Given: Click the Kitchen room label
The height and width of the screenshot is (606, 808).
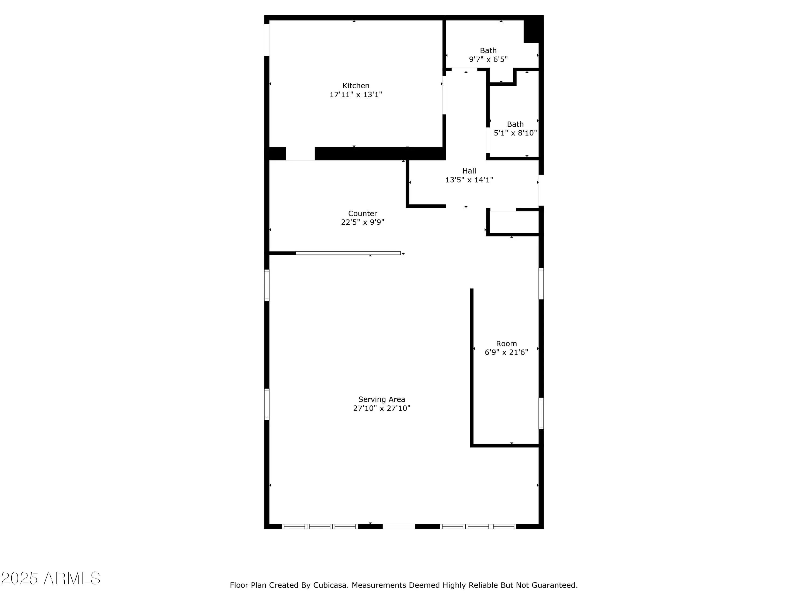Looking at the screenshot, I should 356,85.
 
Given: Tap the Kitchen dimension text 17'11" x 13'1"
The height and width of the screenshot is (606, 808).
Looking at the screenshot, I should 356,95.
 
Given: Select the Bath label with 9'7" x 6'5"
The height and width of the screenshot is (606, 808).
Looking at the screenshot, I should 488,50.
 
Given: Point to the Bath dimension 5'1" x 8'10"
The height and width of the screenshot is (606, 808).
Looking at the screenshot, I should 515,133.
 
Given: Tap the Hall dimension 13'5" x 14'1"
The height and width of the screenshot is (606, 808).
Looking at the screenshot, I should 469,180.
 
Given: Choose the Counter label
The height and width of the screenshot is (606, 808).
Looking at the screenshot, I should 362,213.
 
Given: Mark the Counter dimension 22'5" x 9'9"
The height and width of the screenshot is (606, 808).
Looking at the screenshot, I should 362,222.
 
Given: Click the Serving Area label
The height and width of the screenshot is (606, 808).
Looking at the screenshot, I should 381,399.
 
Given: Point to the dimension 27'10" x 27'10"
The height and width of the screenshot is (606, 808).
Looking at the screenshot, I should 381,408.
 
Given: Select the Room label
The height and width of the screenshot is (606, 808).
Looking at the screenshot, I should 506,343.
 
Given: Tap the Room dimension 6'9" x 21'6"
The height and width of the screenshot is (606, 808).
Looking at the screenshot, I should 506,352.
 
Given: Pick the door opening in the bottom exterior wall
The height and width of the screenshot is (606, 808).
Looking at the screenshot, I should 399,526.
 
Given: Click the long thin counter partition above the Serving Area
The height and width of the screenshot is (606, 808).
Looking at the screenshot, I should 348,253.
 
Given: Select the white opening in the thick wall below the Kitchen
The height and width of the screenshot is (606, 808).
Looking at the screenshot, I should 300,154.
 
